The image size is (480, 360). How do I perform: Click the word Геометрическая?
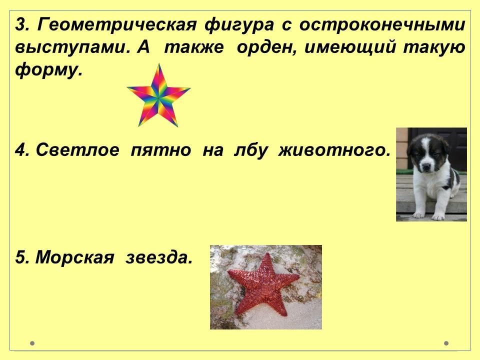[116, 24]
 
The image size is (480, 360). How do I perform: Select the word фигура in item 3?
[239, 25]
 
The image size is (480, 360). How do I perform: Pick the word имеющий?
[350, 47]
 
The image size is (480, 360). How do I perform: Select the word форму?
[48, 71]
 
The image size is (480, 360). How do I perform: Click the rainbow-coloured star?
[158, 95]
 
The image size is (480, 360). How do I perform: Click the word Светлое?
[77, 150]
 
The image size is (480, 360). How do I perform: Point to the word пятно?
[160, 150]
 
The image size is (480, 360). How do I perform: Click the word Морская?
[74, 257]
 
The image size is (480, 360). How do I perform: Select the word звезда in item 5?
[159, 257]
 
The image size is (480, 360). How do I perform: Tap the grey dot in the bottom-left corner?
[32, 343]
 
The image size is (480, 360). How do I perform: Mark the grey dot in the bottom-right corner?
[446, 343]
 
